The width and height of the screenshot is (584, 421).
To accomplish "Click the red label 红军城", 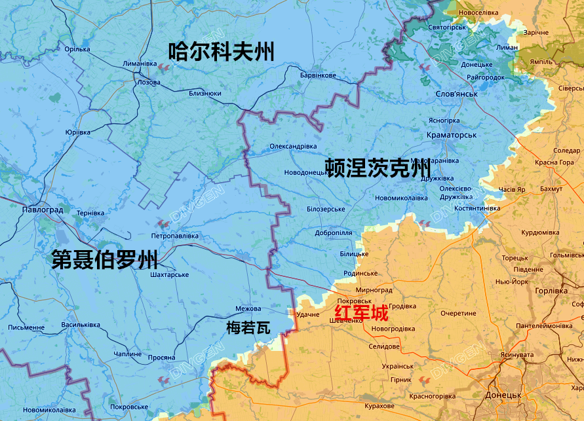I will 361,312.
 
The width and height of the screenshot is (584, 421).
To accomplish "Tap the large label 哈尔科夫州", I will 221,51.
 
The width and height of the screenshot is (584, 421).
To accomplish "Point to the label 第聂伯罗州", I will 105,260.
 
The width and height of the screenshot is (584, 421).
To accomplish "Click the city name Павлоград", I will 42,210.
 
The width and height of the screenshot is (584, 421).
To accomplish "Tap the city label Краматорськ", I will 451,134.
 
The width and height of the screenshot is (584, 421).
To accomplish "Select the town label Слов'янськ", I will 456,94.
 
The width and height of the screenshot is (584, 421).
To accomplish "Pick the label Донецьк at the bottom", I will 503,395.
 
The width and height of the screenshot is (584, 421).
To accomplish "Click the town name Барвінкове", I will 318,75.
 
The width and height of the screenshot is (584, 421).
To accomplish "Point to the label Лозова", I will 149,82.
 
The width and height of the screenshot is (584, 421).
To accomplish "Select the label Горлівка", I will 551,291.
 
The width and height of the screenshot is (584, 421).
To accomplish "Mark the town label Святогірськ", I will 447,27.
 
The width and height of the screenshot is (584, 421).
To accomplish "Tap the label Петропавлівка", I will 174,235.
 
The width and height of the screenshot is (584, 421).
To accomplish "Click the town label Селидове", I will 384,346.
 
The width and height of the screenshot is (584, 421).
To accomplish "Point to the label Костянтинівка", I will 473,208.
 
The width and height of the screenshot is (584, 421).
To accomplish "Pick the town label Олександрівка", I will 293,146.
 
